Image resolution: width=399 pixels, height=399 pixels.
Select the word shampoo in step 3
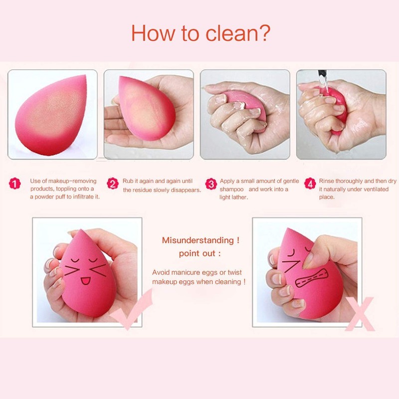point(232,190)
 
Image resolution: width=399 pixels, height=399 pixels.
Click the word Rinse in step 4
point(328,181)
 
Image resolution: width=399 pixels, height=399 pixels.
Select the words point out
point(198,253)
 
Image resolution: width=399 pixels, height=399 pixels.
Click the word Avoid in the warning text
point(161,272)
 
